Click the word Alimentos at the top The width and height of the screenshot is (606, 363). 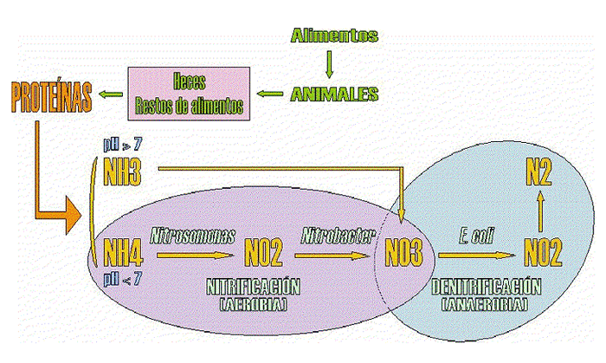click(334, 36)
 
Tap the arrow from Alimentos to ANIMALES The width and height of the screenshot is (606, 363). click(329, 63)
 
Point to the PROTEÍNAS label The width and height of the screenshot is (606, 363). click(52, 97)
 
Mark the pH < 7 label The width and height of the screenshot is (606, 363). click(122, 278)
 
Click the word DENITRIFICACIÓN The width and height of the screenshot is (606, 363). click(486, 288)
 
